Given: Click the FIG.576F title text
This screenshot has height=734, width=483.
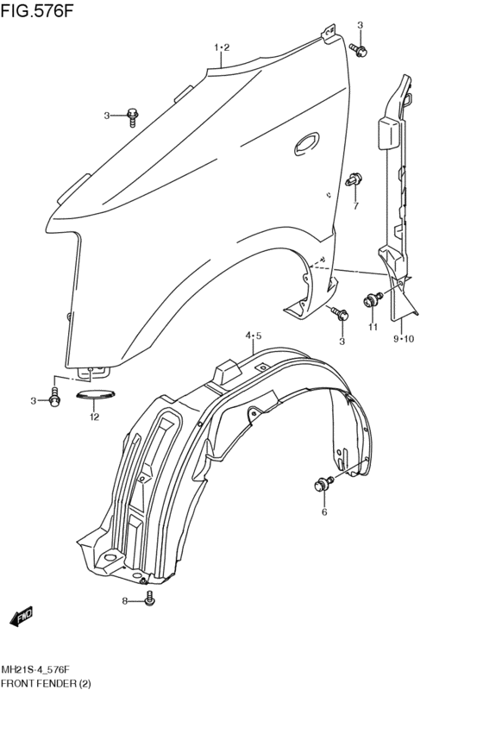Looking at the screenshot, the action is coord(37,10).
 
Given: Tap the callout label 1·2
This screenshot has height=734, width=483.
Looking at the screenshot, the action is coord(222,47).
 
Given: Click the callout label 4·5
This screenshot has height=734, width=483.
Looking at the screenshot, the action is coord(254,336).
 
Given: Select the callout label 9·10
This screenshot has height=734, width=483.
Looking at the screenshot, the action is coord(404,338).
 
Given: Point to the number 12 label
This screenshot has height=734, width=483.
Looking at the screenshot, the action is coord(95,417).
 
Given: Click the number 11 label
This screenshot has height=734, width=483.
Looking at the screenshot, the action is coord(373,327).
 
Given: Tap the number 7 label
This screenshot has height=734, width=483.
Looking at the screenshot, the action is coord(355,205).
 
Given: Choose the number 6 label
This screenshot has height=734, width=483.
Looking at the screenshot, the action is coord(324,512).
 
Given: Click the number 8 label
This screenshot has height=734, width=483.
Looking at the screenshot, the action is coord(125,601).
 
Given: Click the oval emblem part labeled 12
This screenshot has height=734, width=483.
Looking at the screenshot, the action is coord(95,395).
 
